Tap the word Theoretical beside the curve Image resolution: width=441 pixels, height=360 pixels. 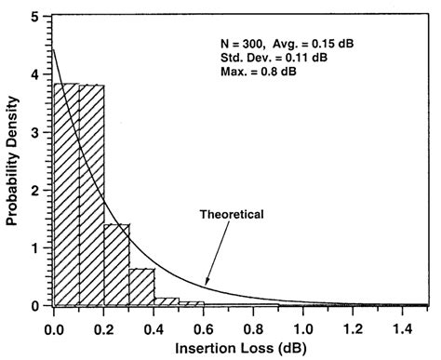tap(233, 215)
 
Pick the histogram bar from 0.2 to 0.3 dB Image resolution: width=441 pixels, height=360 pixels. tap(116, 265)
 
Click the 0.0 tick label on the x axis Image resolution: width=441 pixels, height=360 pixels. tap(53, 327)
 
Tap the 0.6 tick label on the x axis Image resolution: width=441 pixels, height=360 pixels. tap(204, 327)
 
